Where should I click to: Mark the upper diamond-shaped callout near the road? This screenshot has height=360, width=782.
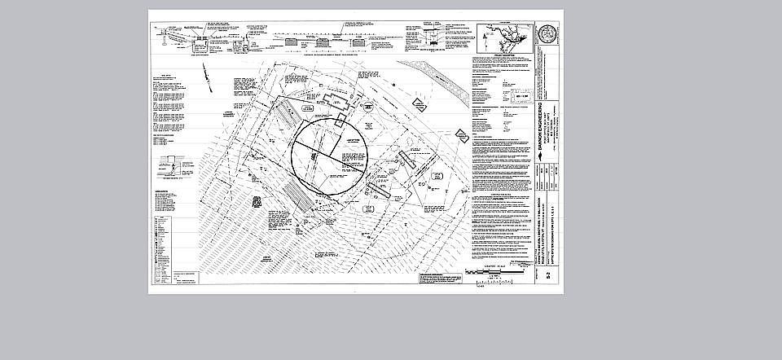(419, 104)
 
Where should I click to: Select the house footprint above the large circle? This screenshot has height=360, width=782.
(334, 100)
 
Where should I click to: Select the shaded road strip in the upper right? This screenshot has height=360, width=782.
(444, 81)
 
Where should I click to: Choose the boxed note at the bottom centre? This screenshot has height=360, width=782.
(444, 278)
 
